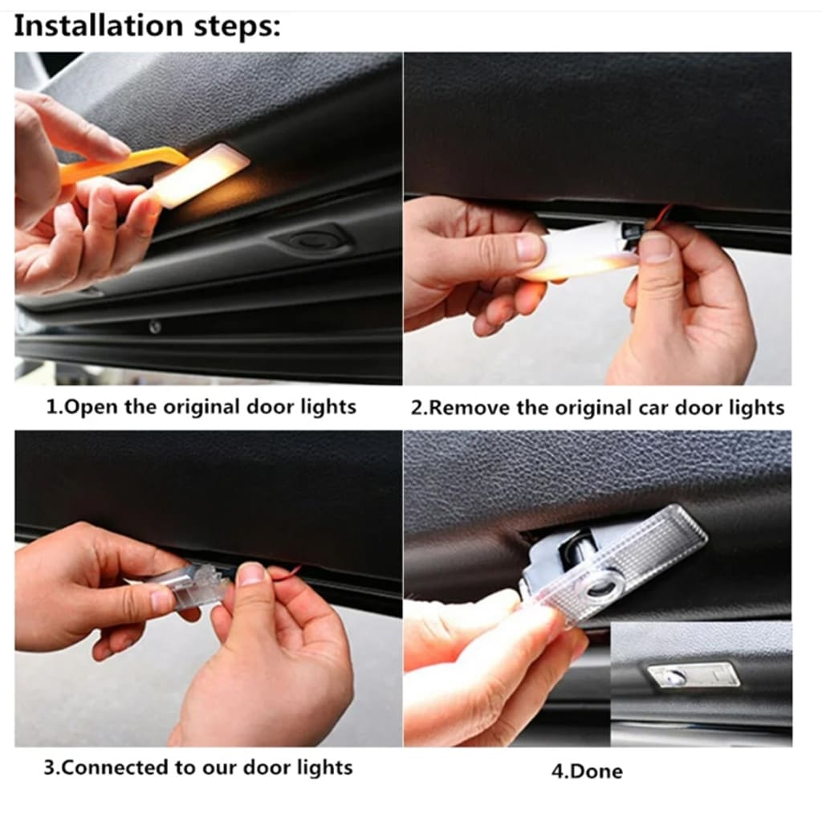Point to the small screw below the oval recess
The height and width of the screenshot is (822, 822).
pyautogui.click(x=155, y=327)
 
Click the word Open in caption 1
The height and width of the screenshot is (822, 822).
pyautogui.click(x=92, y=407)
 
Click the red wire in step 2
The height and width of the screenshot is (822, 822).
pyautogui.click(x=662, y=215)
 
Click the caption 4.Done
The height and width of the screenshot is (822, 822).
pyautogui.click(x=586, y=771)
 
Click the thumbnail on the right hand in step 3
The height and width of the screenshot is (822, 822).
pyautogui.click(x=250, y=575)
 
